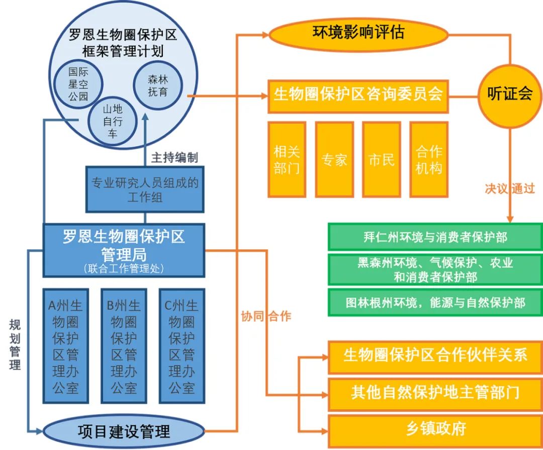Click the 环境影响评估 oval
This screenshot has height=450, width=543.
pos(358,33)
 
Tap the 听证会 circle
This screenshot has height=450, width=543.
pos(510,95)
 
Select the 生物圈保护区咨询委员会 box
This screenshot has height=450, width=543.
pos(357,95)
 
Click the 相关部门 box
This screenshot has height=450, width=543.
pos(287,159)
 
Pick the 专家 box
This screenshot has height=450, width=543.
pos(334,159)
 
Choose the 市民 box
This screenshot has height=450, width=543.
pos(381,159)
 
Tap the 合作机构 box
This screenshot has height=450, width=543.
pos(428,159)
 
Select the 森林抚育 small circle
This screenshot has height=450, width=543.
pos(157,85)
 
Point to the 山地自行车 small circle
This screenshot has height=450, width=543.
pos(113,121)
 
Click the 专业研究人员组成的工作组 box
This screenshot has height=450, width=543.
pos(145,189)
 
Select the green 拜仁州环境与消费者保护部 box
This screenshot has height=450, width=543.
pos(435,237)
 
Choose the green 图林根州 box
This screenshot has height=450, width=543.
pos(435,302)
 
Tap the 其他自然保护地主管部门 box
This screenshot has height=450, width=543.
pos(435,392)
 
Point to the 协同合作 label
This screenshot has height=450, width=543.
pos(266,316)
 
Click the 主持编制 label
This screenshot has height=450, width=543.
pos(174,157)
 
